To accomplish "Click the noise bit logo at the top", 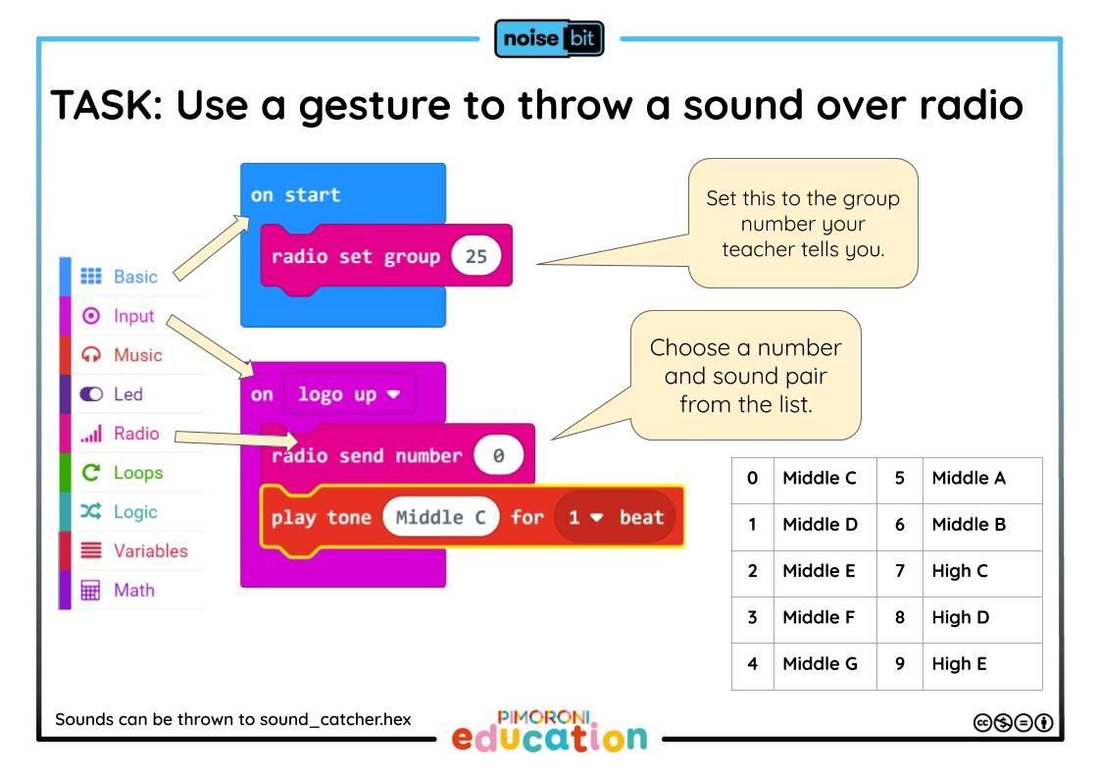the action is (x=549, y=38).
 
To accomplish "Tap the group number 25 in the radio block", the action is (x=475, y=255).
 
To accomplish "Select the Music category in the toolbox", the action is (x=137, y=355).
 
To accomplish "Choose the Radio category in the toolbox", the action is (x=136, y=434).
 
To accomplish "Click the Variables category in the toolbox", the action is (x=151, y=550).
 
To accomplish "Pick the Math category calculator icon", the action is (x=90, y=590).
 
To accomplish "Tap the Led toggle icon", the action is (x=91, y=394).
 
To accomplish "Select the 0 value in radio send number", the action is (x=498, y=455).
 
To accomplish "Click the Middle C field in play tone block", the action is (x=441, y=518).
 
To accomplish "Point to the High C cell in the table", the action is (x=960, y=571).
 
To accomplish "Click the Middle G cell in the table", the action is (x=820, y=663).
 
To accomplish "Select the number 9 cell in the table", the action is (x=900, y=663).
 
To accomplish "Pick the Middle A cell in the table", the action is (x=969, y=478).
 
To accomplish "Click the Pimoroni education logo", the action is (x=549, y=731).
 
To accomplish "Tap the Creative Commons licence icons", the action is (x=1014, y=723).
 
